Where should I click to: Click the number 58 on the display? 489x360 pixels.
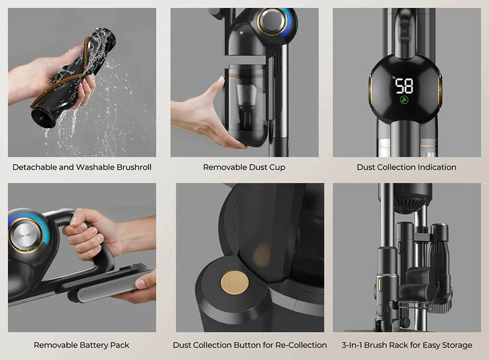(x=404, y=86)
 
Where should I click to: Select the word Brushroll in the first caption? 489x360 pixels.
(x=134, y=167)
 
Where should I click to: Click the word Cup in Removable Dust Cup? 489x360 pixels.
(x=278, y=168)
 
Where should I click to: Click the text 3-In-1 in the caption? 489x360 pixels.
(x=352, y=345)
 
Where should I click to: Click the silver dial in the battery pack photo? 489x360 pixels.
(x=25, y=235)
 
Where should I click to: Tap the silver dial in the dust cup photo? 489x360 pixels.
(x=272, y=21)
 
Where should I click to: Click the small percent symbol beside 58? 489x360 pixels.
(x=394, y=78)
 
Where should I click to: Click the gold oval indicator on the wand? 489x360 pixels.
(x=381, y=285)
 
